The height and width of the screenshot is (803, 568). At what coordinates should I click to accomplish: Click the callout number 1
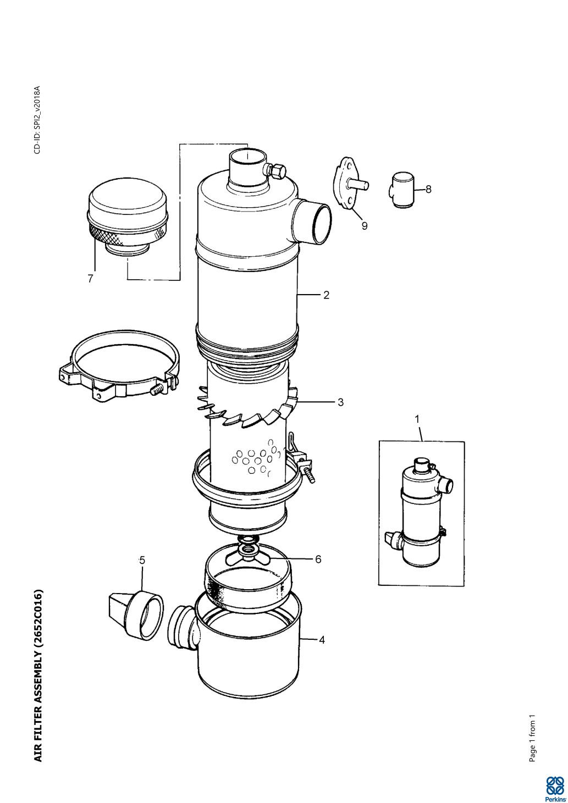coord(417,418)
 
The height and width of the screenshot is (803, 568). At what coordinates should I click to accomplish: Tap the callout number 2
coord(326,295)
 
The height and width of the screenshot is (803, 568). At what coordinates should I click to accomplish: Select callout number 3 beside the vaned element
coord(340,402)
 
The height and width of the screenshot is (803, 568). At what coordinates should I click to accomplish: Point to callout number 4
coord(322,640)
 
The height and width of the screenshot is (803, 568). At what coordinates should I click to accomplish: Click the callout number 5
coord(142,560)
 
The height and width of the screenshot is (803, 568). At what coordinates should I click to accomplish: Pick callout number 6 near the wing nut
coord(318,559)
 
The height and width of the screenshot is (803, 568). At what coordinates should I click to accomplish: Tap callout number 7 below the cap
coord(90,278)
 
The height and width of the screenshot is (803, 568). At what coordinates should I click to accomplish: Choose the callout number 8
coord(428,189)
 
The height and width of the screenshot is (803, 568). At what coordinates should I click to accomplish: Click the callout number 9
coord(365,226)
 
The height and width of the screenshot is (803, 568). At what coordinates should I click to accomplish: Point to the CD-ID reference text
coord(37,120)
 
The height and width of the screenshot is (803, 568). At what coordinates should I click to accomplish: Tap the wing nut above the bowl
coord(248,552)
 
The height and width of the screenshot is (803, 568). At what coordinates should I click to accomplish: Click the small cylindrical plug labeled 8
coord(401,190)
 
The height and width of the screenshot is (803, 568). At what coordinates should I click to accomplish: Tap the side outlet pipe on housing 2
coord(311,221)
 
